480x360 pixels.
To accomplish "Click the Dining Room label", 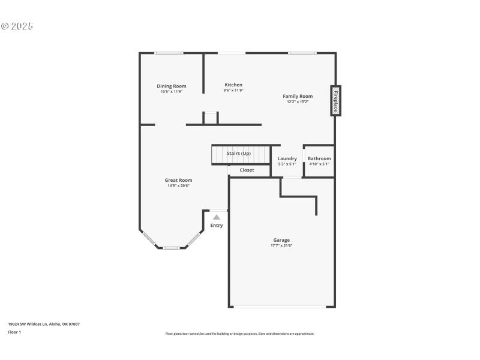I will [172, 86].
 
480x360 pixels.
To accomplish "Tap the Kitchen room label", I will [233, 85].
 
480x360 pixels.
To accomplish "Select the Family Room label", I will [298, 96].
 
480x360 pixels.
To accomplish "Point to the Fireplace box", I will [335, 101].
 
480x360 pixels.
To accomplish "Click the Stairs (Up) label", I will [239, 154].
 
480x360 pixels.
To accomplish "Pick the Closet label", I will [247, 170].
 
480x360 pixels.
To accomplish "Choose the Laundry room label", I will [287, 158].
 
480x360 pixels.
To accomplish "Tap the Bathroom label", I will [319, 158].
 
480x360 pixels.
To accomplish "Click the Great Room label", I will [178, 180].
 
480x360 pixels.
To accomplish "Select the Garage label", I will [281, 240].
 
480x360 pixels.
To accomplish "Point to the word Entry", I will [217, 226].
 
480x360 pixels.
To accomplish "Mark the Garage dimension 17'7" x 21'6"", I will [281, 245].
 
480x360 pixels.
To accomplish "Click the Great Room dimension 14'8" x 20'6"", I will [178, 186].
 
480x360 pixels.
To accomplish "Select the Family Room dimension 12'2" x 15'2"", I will [298, 101].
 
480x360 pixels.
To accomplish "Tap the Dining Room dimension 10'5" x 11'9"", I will [172, 92].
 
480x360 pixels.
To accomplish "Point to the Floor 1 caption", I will [14, 332].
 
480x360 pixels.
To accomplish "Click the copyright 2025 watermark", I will [17, 26].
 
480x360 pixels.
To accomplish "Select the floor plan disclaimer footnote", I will [239, 334].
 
